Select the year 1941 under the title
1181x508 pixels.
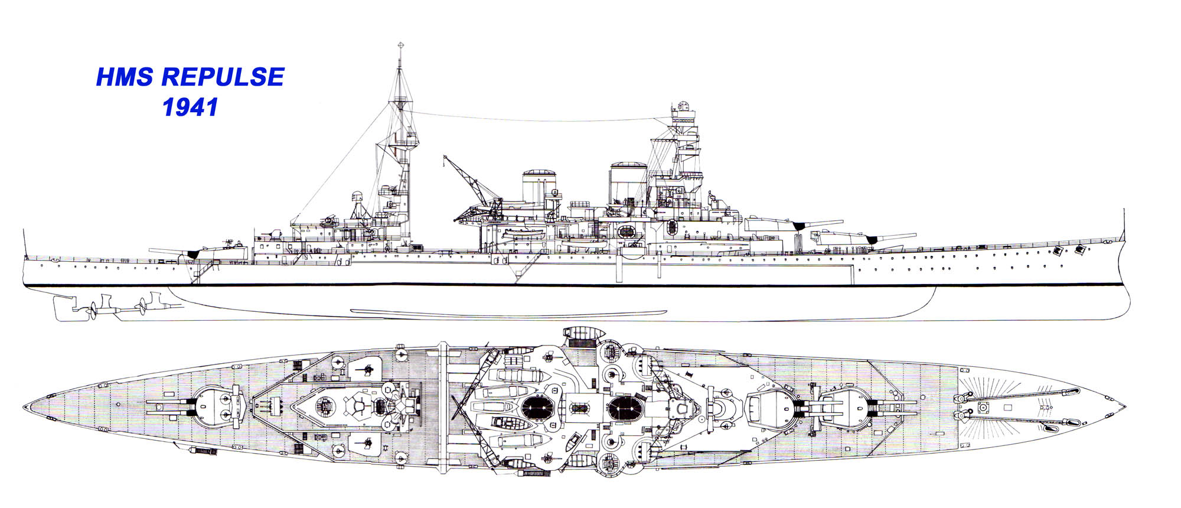pos(190,107)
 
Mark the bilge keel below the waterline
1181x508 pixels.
pos(508,311)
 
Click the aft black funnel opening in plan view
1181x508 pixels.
pos(537,407)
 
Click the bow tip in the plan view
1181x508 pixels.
pos(1125,407)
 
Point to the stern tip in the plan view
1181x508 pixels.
pos(24,408)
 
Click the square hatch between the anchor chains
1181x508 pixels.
pos(984,407)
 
